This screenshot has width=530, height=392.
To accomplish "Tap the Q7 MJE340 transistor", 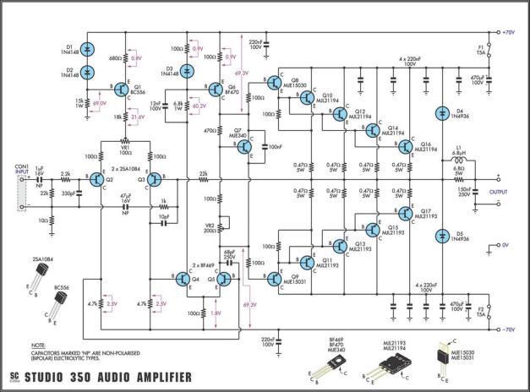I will tap(245, 146).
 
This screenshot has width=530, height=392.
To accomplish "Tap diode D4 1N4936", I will tap(440, 113).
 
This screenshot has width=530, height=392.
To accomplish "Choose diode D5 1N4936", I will tap(440, 234).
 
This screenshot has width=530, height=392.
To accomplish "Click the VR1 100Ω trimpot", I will tap(125, 142).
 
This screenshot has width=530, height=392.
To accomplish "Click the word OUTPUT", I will tap(498, 191).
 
